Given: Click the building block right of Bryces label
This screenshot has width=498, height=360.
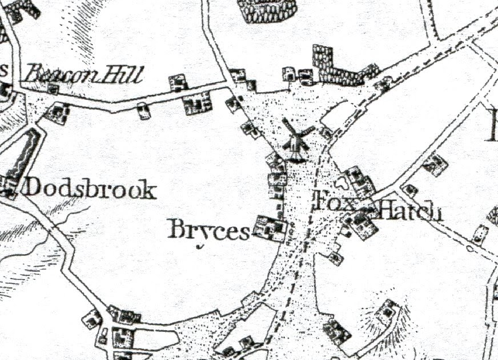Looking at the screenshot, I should (270, 227).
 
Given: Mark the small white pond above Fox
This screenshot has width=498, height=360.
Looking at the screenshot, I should (342, 183).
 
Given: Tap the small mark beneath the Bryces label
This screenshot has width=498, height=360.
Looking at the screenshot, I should (200, 247).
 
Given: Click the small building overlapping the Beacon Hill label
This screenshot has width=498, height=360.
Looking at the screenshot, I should (53, 89).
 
